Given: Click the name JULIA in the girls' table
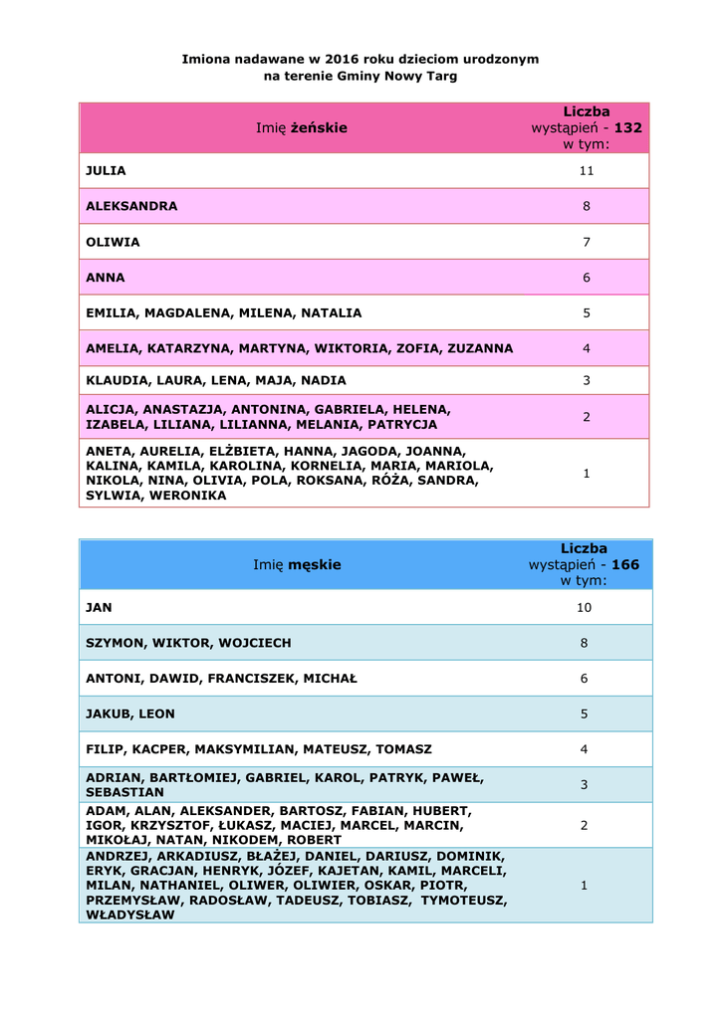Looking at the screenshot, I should point(106,171).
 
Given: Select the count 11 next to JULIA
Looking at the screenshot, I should point(587,171).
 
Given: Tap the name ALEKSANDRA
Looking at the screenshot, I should point(131,206).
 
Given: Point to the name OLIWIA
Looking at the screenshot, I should point(113,242).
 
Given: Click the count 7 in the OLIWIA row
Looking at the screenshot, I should point(587,242).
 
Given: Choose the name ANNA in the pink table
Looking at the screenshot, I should point(106,278).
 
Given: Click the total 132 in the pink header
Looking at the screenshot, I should point(628,128).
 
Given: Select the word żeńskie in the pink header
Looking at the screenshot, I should point(319,127).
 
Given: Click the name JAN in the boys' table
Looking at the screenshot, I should point(99,607).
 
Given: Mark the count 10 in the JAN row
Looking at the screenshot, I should point(585,607).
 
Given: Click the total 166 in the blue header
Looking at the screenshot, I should point(625,564).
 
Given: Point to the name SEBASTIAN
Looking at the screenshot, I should point(124,792).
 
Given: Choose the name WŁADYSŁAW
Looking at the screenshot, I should point(130,916).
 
